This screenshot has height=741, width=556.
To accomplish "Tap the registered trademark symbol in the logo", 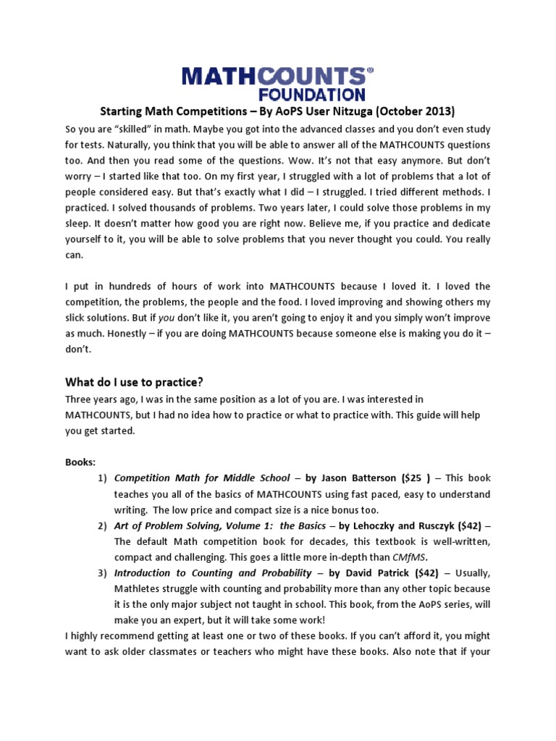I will click(x=371, y=71).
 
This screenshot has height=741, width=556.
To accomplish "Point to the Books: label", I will click(x=80, y=462).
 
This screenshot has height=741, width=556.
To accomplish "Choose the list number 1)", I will click(x=101, y=478).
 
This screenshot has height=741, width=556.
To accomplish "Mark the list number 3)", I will click(x=101, y=573).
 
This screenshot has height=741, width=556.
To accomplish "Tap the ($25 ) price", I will click(x=417, y=478).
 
